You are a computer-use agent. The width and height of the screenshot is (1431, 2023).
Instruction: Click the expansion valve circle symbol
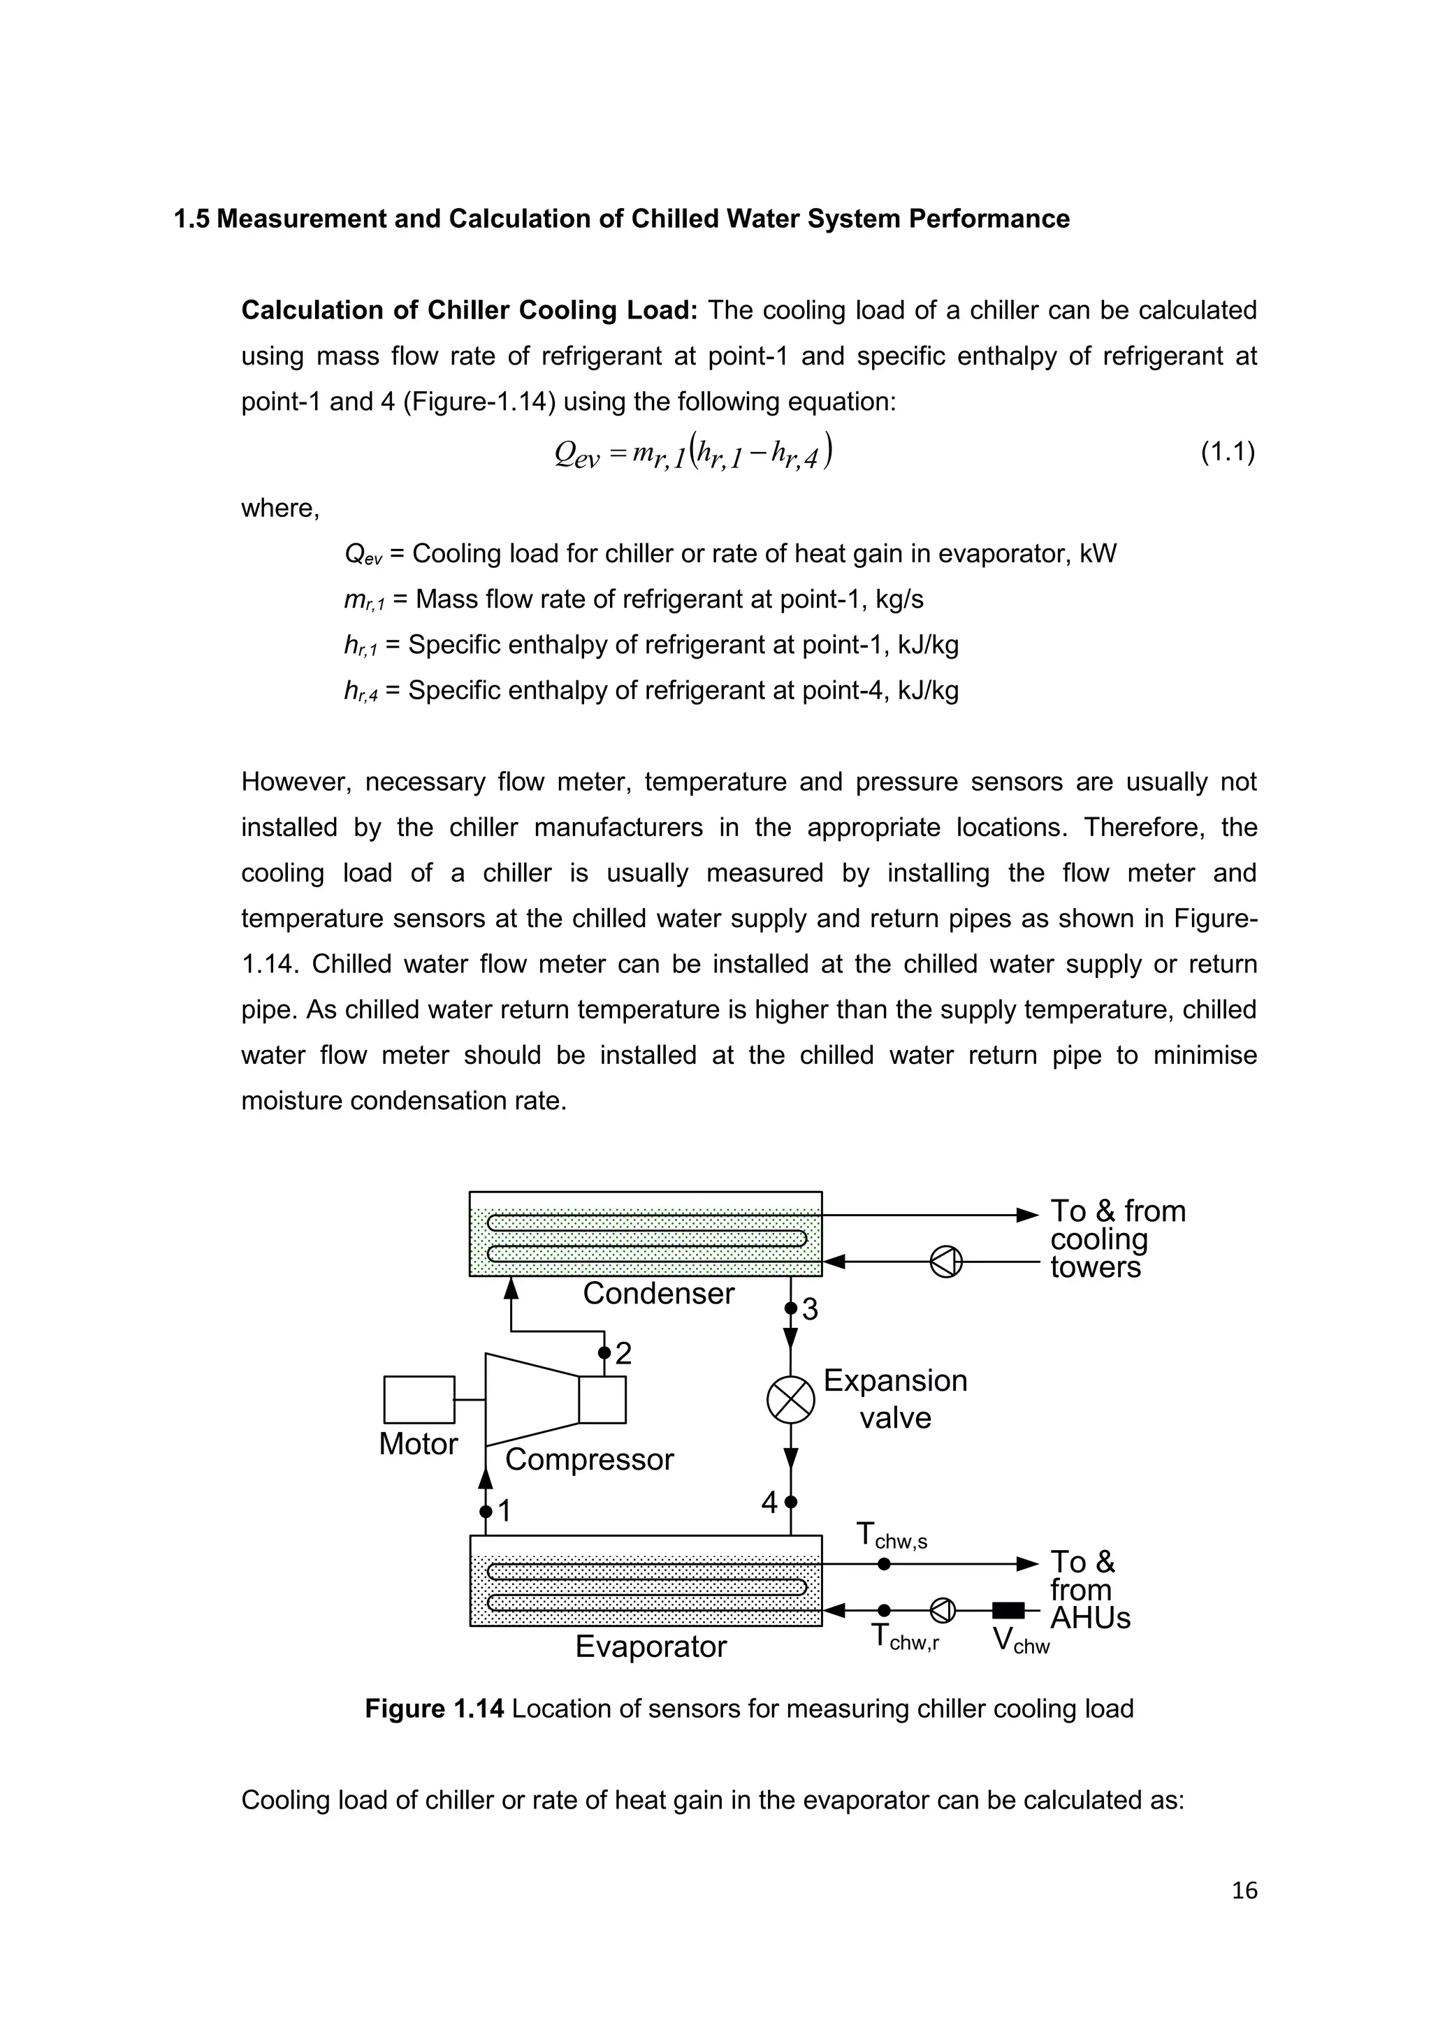coord(790,1399)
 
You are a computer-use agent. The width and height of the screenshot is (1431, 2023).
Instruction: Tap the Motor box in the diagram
coord(419,1399)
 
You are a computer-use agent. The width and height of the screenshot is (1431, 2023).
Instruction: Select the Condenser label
coord(658,1294)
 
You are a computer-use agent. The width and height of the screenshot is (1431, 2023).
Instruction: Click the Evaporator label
coord(651,1646)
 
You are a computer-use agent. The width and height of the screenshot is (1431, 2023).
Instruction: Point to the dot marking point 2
coord(604,1352)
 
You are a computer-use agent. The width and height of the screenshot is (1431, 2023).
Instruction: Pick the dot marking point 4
coord(790,1501)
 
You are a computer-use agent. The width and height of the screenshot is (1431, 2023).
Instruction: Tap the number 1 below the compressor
coord(505,1511)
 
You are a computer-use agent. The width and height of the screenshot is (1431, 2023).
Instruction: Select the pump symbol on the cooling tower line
coord(946,1262)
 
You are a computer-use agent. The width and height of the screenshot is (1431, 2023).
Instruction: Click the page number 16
coord(1244,1891)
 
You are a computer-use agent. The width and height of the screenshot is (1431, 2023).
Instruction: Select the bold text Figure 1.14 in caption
coord(435,1709)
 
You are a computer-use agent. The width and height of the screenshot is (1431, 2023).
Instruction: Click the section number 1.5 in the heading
coord(191,219)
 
